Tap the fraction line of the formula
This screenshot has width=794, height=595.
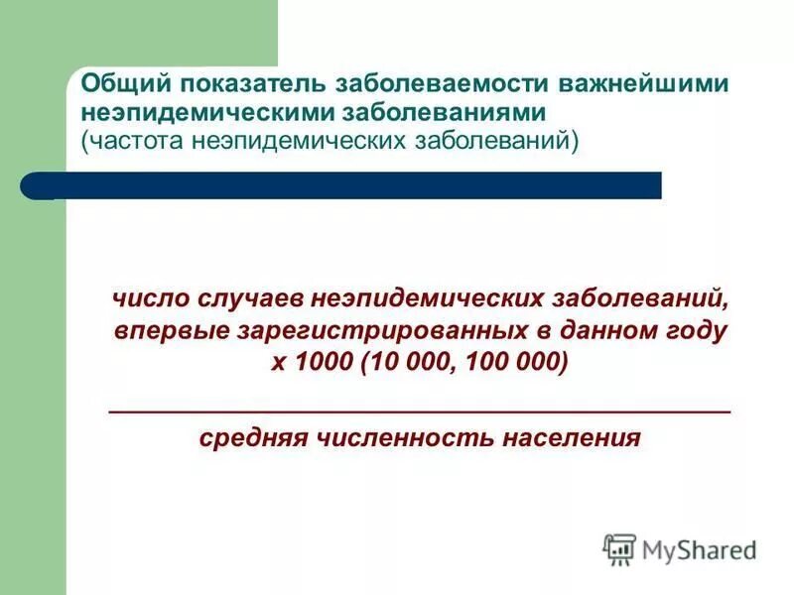point(418,410)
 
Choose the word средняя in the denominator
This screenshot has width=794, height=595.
point(249,438)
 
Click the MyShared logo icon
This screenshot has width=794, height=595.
point(620,549)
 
